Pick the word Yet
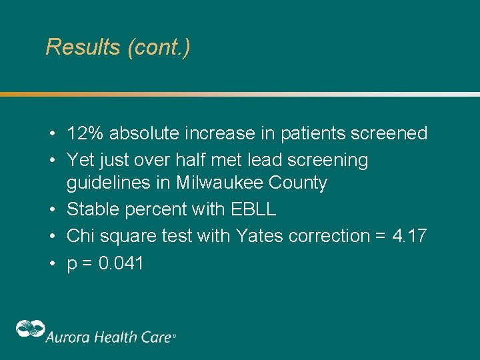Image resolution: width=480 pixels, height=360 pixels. pos(80,160)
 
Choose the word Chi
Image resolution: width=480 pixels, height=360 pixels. pos(80,236)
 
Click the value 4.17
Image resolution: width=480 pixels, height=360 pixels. pos(409,236)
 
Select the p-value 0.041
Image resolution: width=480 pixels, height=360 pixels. pos(121,263)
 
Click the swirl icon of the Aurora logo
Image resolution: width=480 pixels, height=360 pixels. pos(31,330)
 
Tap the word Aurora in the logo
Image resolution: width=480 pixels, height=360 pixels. pos(67,337)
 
